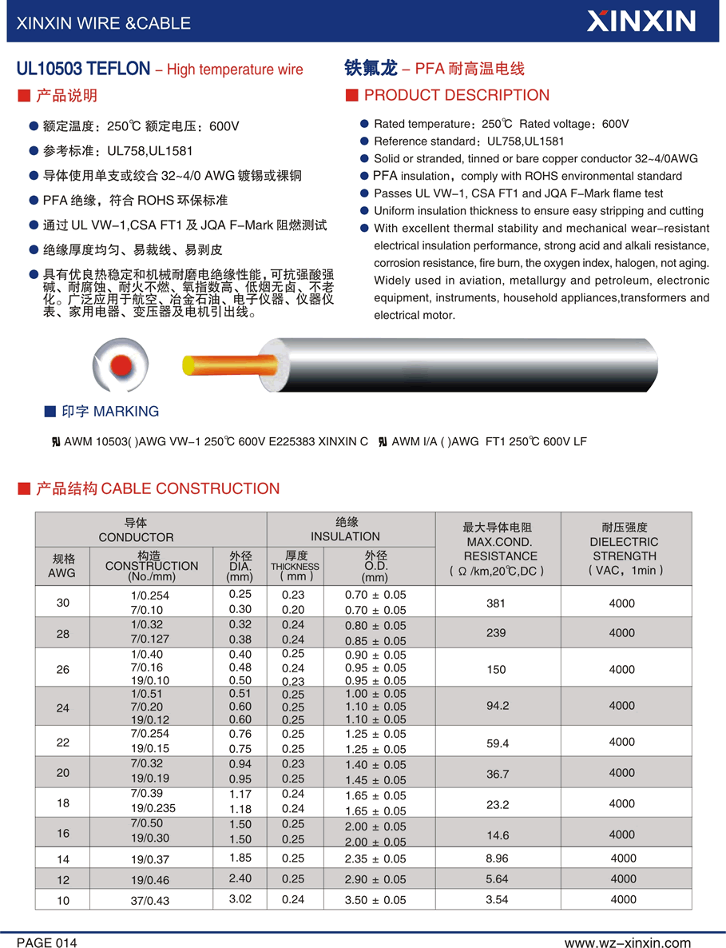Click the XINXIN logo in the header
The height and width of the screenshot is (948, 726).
tap(641, 21)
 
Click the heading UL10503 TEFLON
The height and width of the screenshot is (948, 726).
tap(83, 70)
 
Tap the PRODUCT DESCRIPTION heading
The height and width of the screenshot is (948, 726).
tap(456, 96)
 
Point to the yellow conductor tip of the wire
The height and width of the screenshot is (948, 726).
tap(188, 366)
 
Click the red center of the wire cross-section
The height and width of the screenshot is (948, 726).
tap(121, 363)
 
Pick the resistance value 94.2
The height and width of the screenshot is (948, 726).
tap(498, 706)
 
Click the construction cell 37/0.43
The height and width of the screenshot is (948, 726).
tap(153, 900)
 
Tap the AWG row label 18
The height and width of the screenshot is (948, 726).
tap(63, 803)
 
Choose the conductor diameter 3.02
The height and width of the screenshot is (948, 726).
tap(240, 898)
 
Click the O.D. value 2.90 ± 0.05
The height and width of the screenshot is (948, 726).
tap(375, 879)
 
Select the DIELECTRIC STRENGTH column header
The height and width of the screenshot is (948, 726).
tap(625, 549)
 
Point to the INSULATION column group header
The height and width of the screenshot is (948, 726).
tap(346, 529)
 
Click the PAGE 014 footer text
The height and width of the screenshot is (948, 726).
tap(47, 943)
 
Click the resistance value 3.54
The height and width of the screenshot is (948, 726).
tap(496, 899)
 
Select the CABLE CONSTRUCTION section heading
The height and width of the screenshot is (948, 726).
tap(158, 488)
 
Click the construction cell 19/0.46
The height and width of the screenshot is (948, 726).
tap(153, 879)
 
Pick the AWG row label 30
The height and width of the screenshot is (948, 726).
tap(63, 603)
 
